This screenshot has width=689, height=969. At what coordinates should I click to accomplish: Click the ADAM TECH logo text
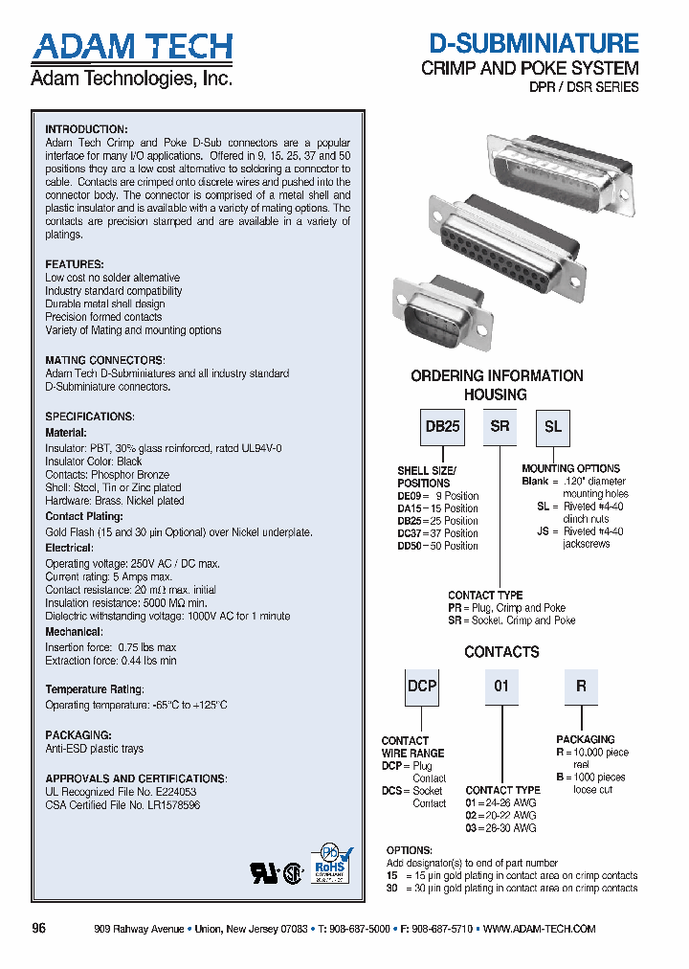tap(131, 47)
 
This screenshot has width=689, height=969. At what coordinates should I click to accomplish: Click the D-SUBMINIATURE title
tap(533, 44)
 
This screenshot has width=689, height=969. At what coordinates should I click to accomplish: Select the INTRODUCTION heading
tap(86, 129)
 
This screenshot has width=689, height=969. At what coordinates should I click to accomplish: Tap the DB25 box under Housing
tap(442, 427)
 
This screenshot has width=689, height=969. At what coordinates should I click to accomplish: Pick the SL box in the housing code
tap(553, 427)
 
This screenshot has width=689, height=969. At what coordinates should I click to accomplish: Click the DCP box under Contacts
tap(422, 687)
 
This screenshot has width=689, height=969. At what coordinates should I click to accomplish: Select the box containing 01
tap(501, 687)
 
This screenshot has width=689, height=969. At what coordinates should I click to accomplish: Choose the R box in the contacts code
tap(581, 687)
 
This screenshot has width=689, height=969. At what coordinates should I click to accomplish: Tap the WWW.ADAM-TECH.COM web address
tap(540, 929)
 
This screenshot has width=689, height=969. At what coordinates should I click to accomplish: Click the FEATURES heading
tap(75, 264)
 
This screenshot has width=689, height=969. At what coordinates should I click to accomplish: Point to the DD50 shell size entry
tap(437, 546)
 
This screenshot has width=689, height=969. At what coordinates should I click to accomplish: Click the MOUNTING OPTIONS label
tap(570, 469)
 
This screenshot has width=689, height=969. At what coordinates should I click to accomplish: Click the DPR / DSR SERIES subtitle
tap(584, 87)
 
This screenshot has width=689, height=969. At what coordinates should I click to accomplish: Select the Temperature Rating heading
tap(95, 689)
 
